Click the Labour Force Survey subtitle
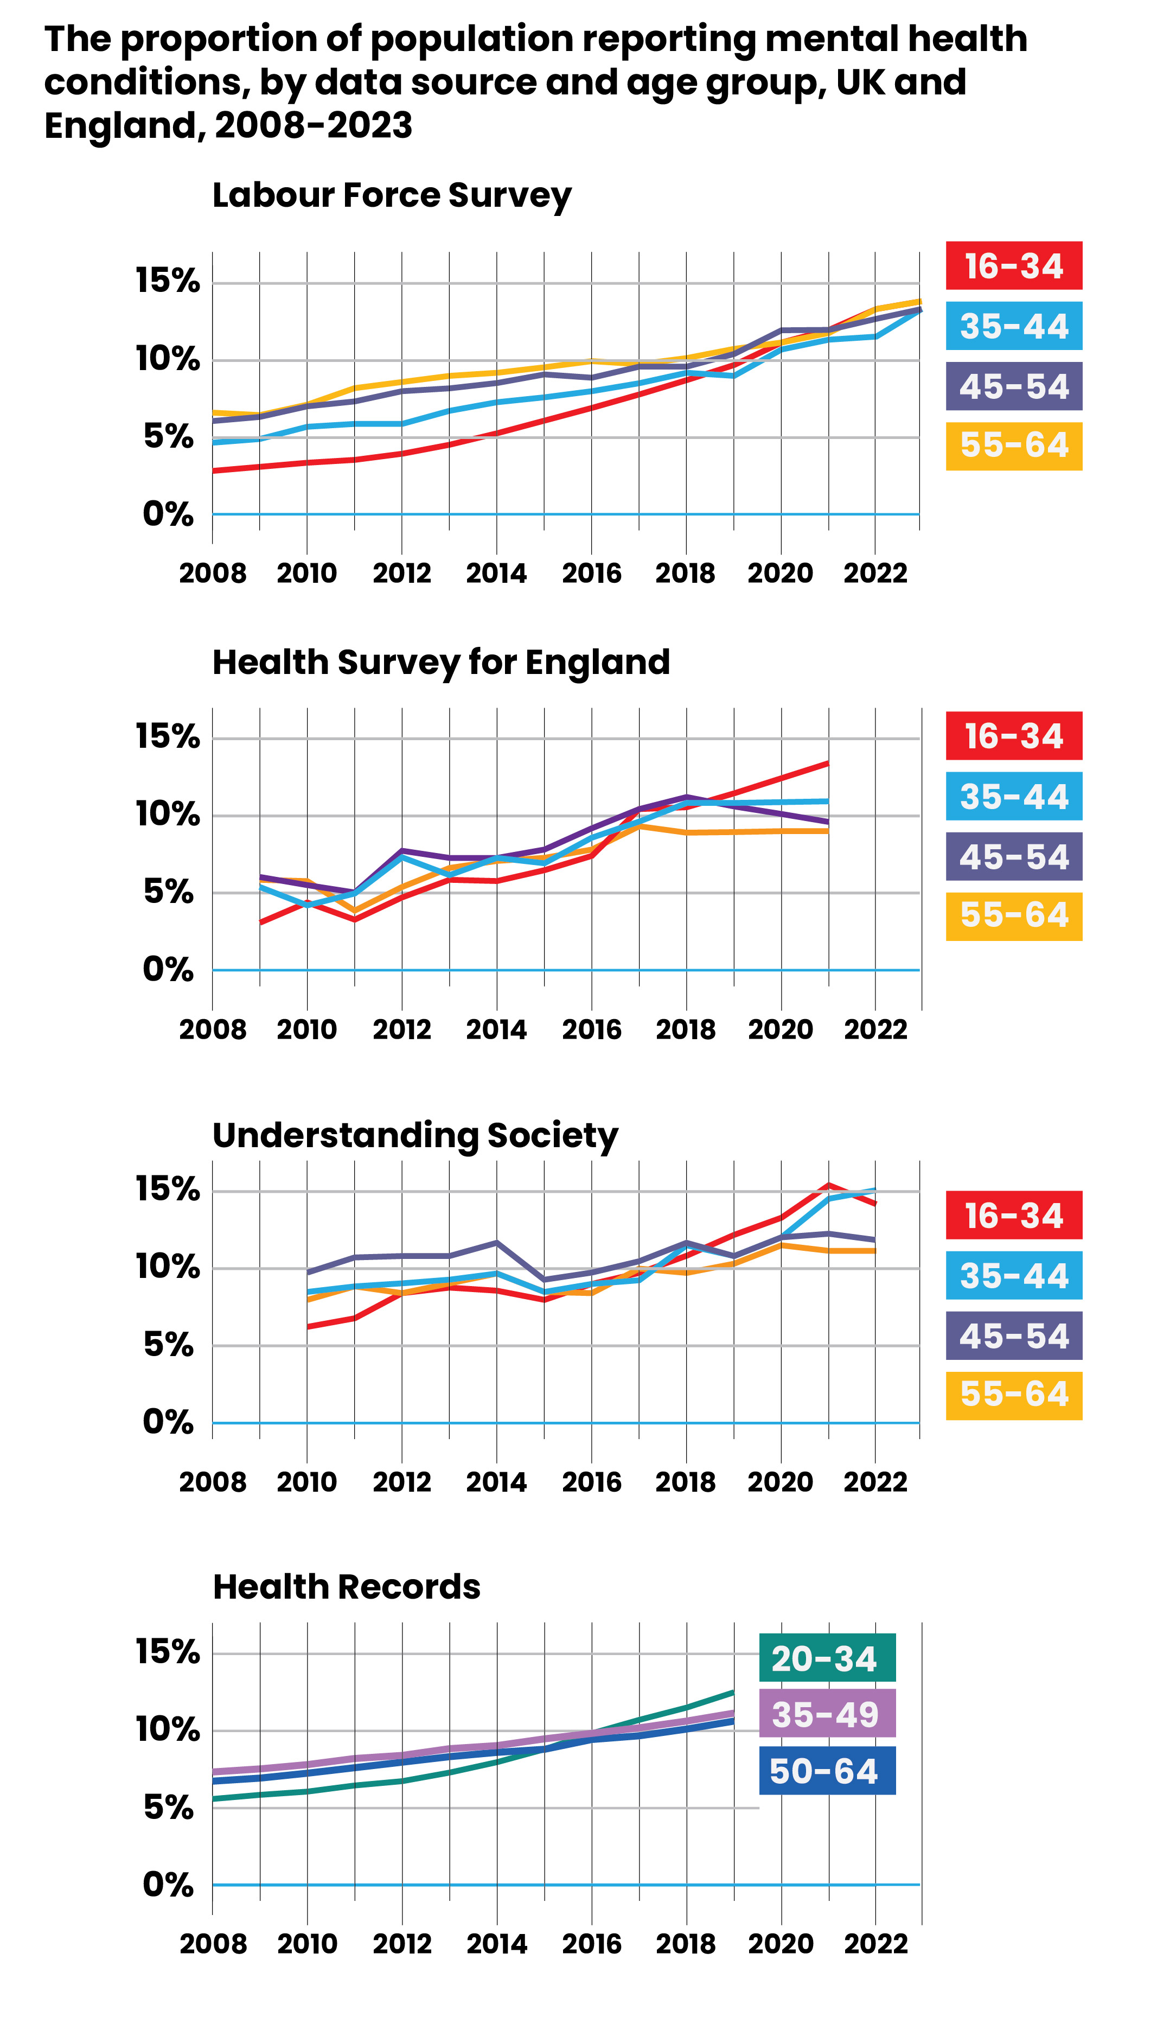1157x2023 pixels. click(x=391, y=195)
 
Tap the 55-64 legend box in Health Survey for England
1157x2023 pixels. click(x=1013, y=915)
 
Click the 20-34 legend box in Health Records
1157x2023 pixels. click(x=827, y=1659)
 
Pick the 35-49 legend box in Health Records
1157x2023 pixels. click(x=827, y=1715)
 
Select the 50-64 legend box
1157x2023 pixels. click(x=827, y=1772)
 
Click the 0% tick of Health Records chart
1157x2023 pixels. click(x=168, y=1885)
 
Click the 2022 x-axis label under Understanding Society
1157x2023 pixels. click(x=875, y=1483)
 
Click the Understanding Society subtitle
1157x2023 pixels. click(x=415, y=1135)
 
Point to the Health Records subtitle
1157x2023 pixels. click(x=347, y=1587)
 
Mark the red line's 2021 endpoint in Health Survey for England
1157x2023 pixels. click(x=828, y=763)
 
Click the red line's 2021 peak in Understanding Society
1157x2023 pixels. click(x=828, y=1185)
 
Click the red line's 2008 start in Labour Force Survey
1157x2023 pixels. click(x=214, y=470)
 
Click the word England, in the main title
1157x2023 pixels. click(x=123, y=125)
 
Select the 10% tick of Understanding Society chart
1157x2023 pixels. click(x=168, y=1267)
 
